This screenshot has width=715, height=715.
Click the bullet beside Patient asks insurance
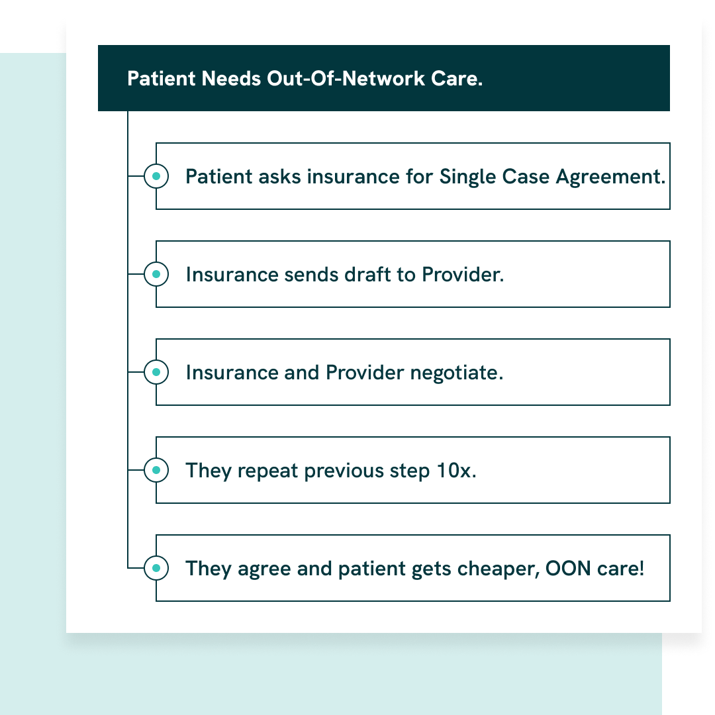click(156, 176)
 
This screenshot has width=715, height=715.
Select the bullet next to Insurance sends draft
click(156, 274)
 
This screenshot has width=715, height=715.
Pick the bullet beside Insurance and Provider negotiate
click(156, 372)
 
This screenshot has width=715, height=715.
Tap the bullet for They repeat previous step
click(156, 470)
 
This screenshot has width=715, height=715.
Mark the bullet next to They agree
click(156, 568)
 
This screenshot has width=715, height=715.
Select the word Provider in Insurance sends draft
click(463, 275)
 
